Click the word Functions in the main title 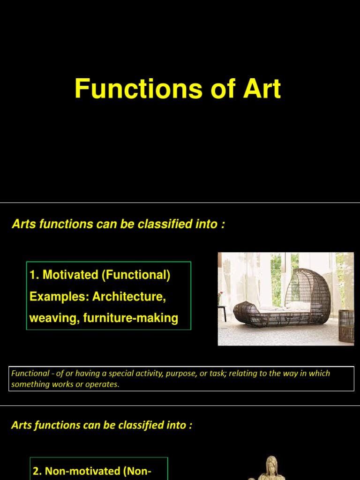(x=138, y=89)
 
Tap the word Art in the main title (x=262, y=89)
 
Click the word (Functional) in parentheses (x=136, y=275)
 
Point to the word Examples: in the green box (x=60, y=297)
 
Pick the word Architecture (x=129, y=296)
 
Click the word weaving (x=55, y=318)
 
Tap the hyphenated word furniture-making (x=131, y=318)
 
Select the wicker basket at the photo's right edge (x=346, y=326)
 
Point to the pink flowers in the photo (x=221, y=295)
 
